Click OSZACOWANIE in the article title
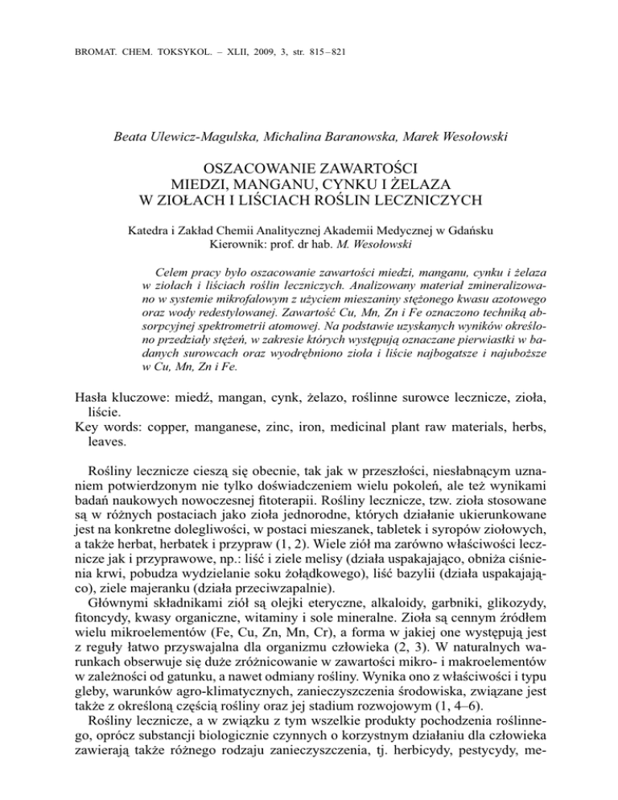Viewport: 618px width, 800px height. point(255,168)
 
